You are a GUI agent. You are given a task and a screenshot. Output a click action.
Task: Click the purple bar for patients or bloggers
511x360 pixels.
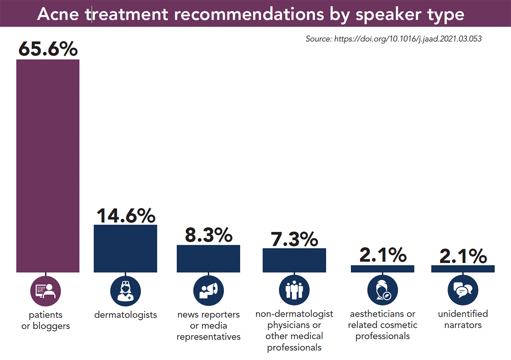[x=48, y=166]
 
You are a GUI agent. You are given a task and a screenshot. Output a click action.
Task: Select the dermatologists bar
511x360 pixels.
[x=125, y=249]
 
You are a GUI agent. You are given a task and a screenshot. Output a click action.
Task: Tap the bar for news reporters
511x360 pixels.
[x=208, y=259]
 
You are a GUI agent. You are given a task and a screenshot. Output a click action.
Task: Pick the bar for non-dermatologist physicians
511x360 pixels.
[x=294, y=260]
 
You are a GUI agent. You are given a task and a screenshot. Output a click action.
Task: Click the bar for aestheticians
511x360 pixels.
[x=382, y=269]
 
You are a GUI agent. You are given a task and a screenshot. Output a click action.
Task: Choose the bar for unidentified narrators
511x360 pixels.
[x=463, y=269]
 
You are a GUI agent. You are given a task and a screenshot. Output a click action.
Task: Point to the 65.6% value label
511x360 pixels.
[x=48, y=49]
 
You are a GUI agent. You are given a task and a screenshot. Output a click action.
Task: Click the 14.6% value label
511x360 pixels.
[x=125, y=215]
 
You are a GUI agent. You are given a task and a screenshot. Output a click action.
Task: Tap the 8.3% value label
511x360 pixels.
[x=208, y=235]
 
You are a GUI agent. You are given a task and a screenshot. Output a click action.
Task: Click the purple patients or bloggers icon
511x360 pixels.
[x=46, y=291]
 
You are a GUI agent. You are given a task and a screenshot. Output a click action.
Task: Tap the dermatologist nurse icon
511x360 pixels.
[x=125, y=291]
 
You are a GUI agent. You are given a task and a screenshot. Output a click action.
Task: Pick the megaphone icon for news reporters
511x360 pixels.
[x=208, y=291]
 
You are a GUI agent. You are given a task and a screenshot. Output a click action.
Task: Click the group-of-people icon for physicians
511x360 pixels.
[x=294, y=291]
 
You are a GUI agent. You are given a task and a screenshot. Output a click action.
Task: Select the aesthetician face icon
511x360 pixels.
[x=382, y=291]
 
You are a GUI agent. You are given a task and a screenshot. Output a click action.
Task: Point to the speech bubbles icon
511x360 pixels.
[x=463, y=291]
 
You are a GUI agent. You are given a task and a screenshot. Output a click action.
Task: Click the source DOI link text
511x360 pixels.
[x=393, y=39]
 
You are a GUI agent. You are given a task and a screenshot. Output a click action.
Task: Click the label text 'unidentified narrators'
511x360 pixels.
[x=463, y=320]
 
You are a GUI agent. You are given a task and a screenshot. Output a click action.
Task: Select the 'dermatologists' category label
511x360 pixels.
[x=125, y=315]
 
